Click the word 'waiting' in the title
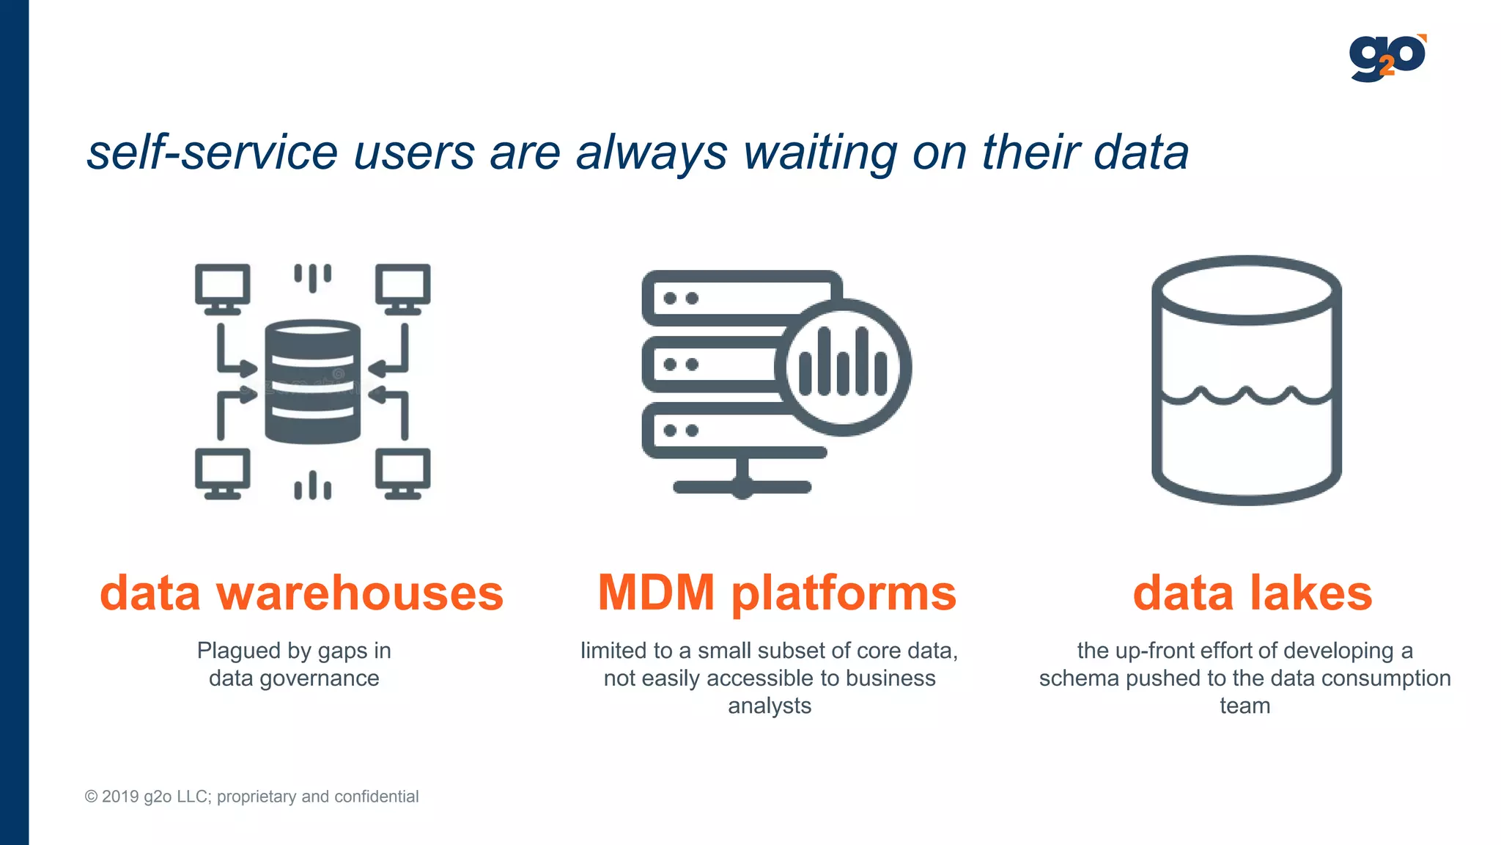[820, 153]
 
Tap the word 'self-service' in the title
[213, 153]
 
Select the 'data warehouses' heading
[301, 593]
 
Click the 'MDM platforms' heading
[777, 593]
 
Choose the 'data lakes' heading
[1252, 593]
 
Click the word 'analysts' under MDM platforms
[770, 706]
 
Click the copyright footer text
[251, 797]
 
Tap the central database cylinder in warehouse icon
[313, 381]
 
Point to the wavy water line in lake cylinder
[1246, 396]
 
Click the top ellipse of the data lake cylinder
[1246, 290]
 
